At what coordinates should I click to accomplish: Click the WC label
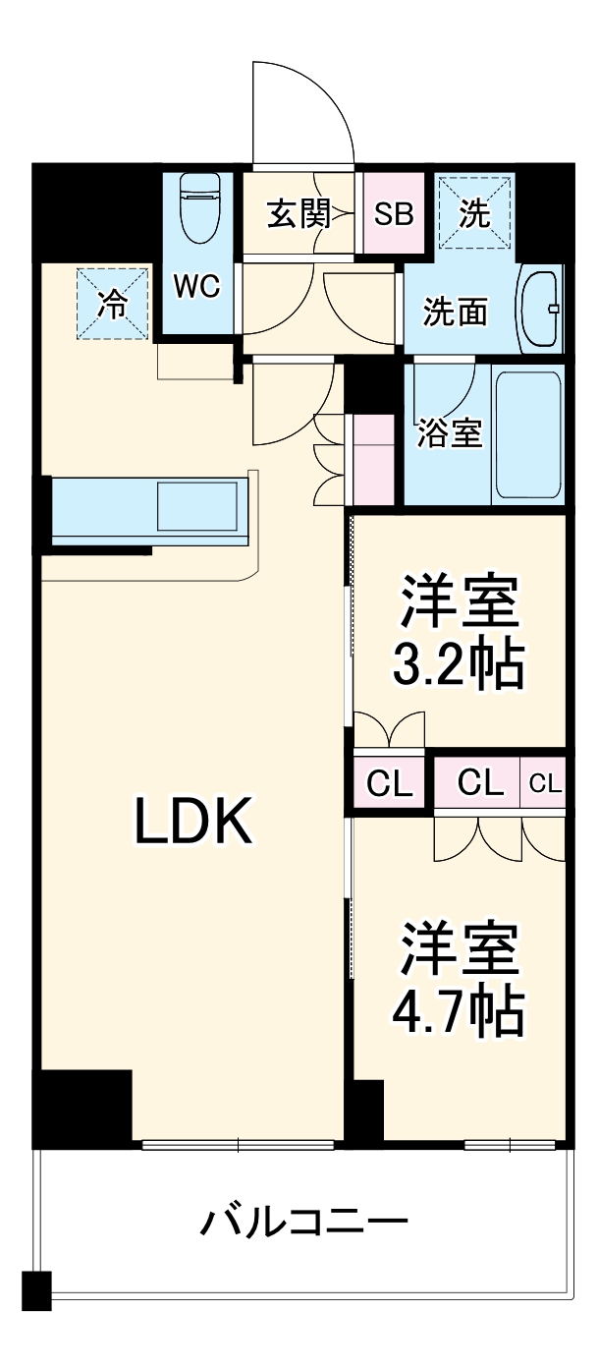(x=197, y=287)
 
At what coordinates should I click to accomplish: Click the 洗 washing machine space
(x=475, y=213)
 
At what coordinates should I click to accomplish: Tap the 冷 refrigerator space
(x=112, y=304)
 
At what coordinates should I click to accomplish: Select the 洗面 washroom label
(x=456, y=312)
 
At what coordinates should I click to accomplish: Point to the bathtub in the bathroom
(x=528, y=433)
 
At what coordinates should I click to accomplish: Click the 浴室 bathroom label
(x=451, y=433)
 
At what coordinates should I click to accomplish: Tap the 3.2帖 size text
(x=458, y=665)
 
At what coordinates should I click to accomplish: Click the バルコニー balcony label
(x=304, y=1224)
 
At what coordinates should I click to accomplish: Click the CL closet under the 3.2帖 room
(x=390, y=783)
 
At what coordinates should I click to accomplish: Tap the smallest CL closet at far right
(x=545, y=783)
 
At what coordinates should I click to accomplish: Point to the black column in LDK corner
(x=83, y=1107)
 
